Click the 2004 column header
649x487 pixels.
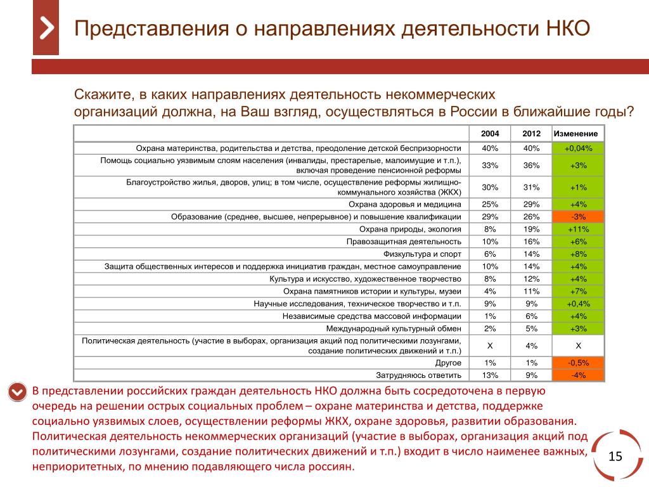point(489,134)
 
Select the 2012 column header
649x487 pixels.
point(531,134)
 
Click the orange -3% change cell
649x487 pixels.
point(578,216)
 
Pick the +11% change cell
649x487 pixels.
point(578,229)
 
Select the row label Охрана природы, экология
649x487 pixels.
point(410,229)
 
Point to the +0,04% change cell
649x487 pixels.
point(578,148)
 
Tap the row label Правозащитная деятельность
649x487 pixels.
point(404,242)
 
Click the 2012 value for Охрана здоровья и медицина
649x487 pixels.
point(531,204)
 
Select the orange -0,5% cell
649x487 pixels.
point(578,363)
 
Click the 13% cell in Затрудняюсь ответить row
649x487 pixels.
point(489,375)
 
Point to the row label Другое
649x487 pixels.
point(448,363)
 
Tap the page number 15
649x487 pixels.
point(615,457)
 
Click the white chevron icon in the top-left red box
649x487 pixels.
point(46,28)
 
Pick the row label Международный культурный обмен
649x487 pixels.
point(394,328)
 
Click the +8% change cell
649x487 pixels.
point(578,254)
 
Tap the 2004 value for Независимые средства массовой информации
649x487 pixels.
point(489,316)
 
